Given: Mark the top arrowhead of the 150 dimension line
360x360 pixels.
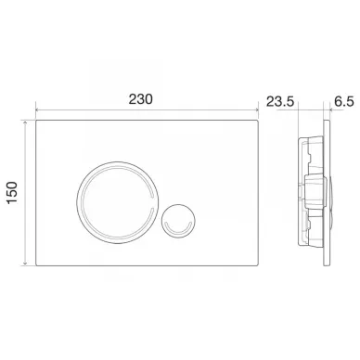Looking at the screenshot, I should [27, 122].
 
